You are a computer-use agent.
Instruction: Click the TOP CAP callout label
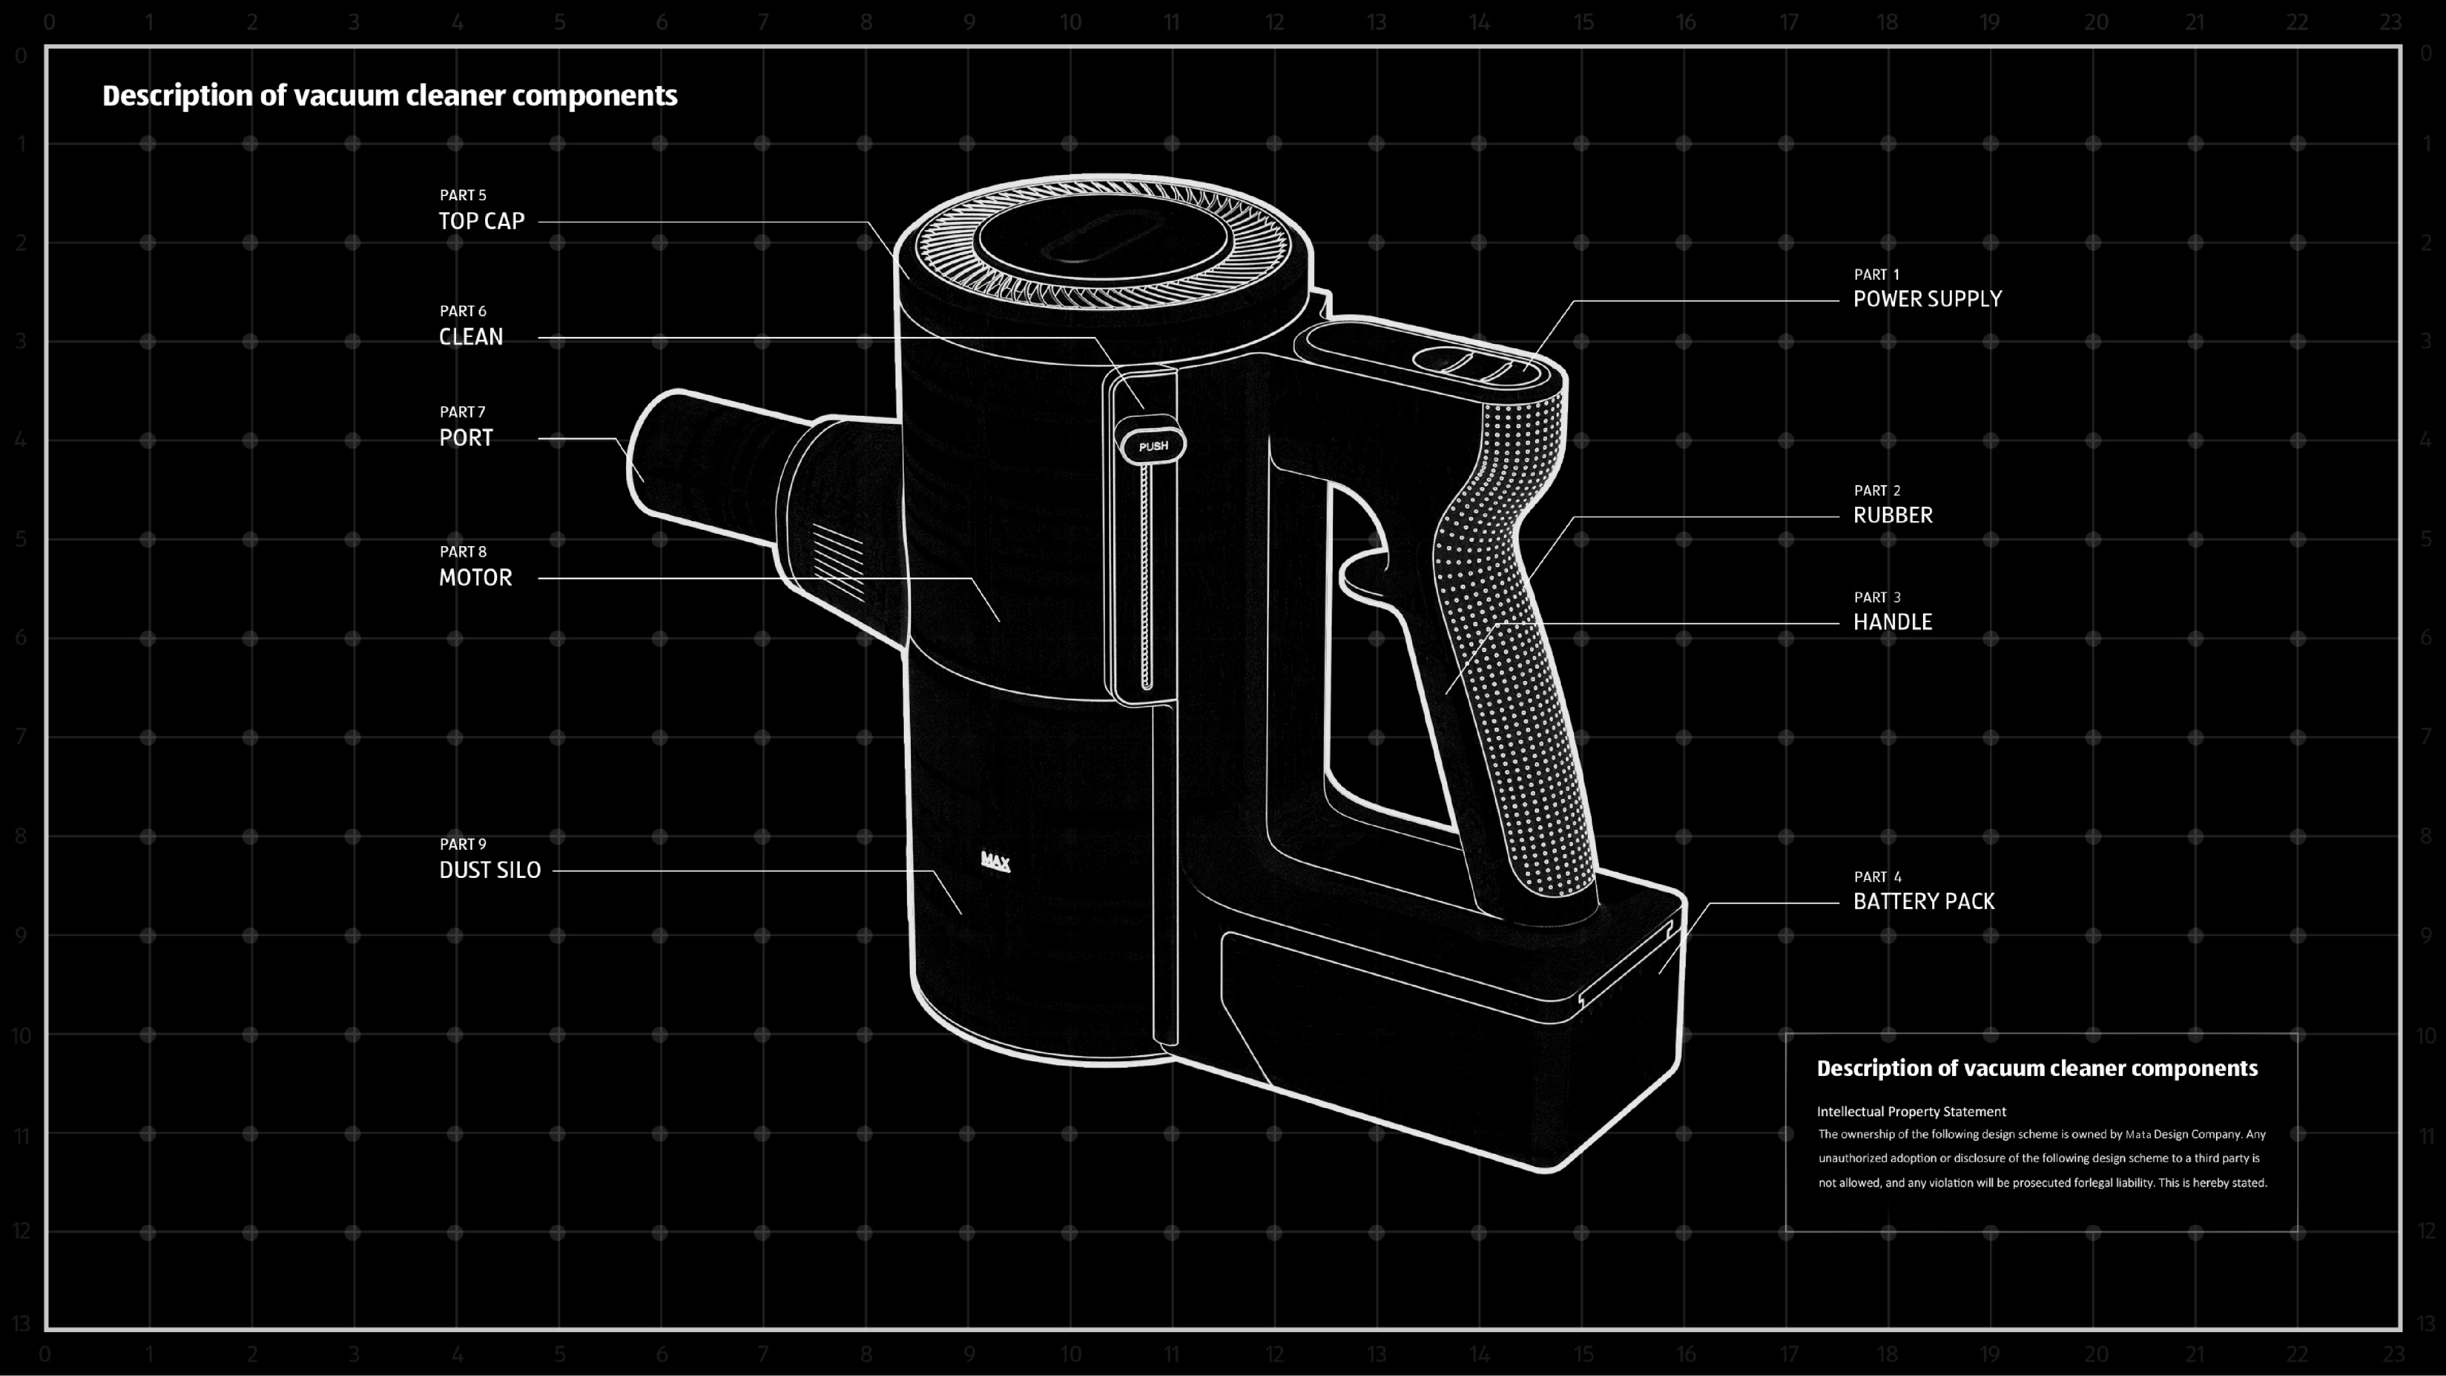tap(481, 221)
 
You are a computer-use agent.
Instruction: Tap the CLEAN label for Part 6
tap(471, 337)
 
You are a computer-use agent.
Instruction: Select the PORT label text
tap(466, 438)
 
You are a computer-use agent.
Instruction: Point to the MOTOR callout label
tap(476, 577)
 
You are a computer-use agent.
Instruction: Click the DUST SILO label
tap(490, 870)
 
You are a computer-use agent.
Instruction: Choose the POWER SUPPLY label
tap(1928, 299)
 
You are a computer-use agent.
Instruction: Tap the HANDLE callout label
tap(1893, 622)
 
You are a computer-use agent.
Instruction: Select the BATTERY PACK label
tap(1924, 901)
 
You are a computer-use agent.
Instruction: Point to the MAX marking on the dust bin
tap(995, 861)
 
